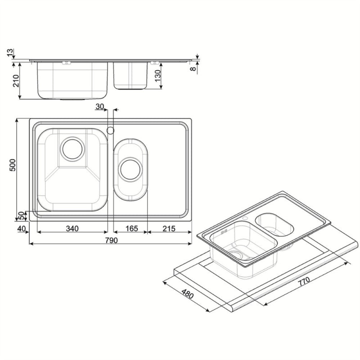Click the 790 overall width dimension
(111, 240)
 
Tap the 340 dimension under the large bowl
(72, 229)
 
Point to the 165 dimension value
(131, 229)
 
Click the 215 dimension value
(168, 229)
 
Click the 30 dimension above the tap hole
(100, 107)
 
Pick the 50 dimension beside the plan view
(21, 215)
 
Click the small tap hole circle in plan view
(110, 130)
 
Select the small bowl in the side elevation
(131, 75)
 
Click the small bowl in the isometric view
(275, 224)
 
